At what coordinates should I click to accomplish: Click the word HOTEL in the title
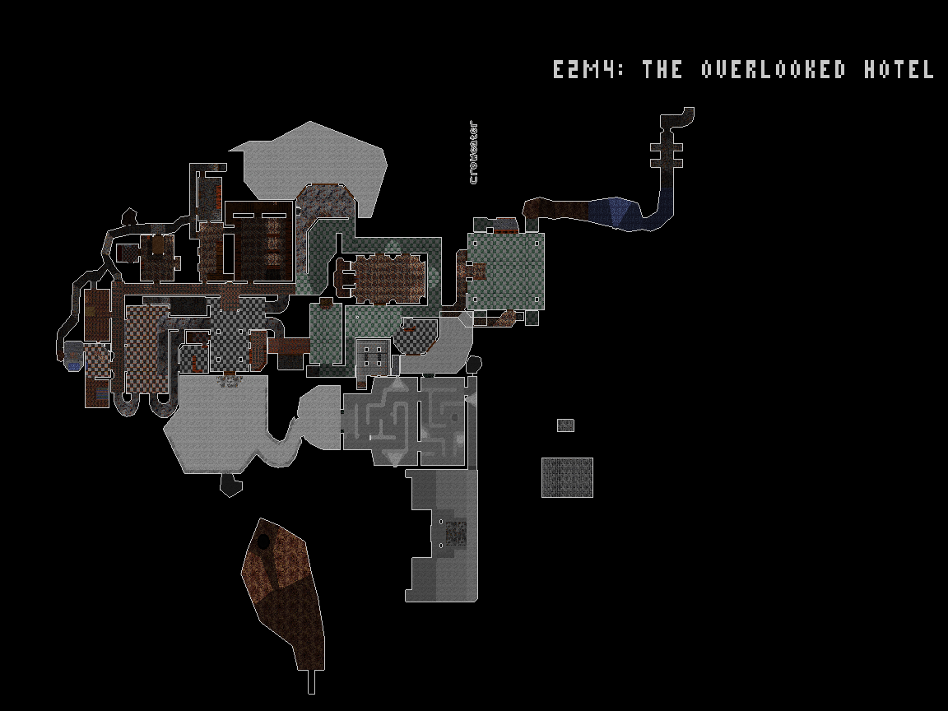coord(899,69)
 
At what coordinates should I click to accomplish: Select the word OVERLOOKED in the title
coord(774,69)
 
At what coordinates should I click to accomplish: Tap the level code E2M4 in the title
coord(588,69)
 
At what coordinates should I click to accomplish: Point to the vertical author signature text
coord(473,153)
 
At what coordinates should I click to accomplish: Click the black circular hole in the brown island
coord(263,541)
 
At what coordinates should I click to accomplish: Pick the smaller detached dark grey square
coord(565,425)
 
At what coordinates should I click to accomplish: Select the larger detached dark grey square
coord(567,477)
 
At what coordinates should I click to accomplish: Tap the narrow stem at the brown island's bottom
coord(312,682)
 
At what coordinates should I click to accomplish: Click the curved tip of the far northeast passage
coord(688,113)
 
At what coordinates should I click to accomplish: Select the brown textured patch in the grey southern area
coord(456,533)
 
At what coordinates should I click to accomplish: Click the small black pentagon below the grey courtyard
coord(230,485)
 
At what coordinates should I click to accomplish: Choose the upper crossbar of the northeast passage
coord(667,147)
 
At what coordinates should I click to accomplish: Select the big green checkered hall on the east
coord(505,271)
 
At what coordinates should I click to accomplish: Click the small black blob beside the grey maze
coord(474,365)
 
